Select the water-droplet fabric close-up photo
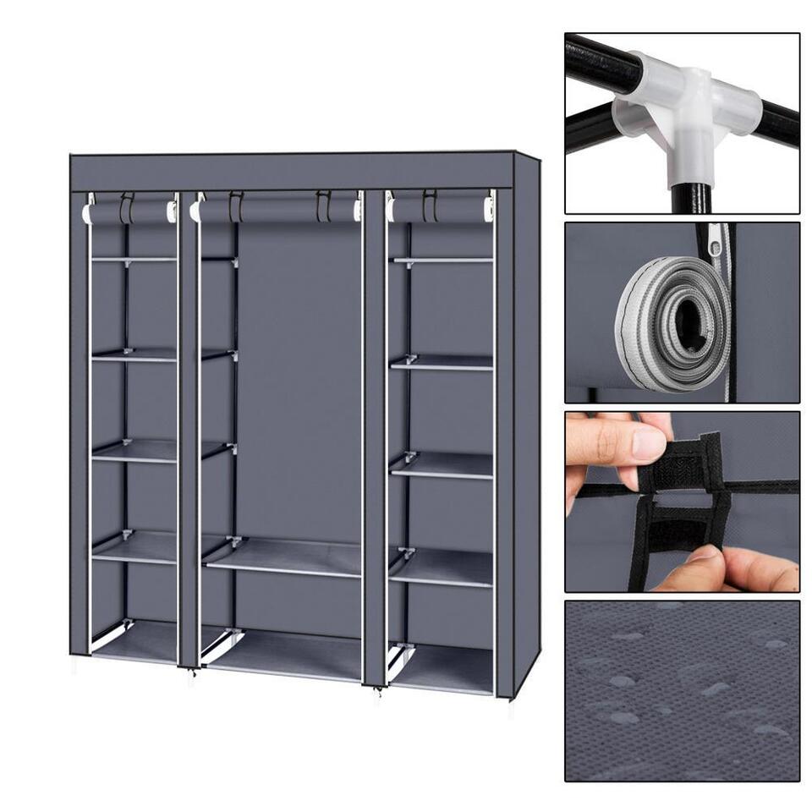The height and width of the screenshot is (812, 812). click(682, 690)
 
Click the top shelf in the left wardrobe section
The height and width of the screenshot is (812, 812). click(134, 259)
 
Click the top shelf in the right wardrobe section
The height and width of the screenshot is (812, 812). click(442, 260)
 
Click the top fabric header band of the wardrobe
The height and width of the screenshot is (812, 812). click(292, 172)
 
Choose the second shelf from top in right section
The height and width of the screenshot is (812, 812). click(442, 362)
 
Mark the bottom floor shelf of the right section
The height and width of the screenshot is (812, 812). click(442, 668)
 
